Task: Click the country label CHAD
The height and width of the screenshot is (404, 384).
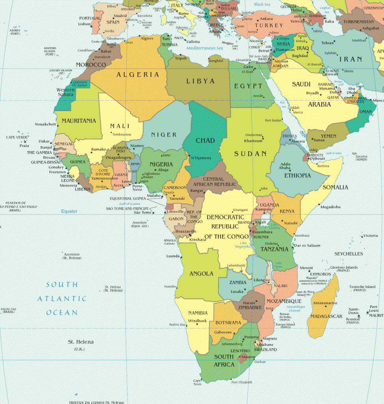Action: pyautogui.click(x=205, y=140)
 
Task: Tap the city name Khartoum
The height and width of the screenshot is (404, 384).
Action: pyautogui.click(x=253, y=141)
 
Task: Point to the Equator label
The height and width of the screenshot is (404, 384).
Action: pyautogui.click(x=69, y=211)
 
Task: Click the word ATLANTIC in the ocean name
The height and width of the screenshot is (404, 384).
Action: pyautogui.click(x=62, y=299)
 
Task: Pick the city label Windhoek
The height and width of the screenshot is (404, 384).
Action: pyautogui.click(x=197, y=321)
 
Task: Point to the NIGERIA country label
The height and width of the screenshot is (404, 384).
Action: pyautogui.click(x=161, y=164)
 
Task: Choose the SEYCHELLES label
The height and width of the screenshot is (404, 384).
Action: pyautogui.click(x=348, y=254)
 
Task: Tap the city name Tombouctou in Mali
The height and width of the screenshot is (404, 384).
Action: pyautogui.click(x=122, y=134)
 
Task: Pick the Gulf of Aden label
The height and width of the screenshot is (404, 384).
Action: pyautogui.click(x=333, y=153)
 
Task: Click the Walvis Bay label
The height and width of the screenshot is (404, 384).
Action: pyautogui.click(x=177, y=325)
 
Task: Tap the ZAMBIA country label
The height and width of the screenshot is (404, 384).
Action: pyautogui.click(x=238, y=282)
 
